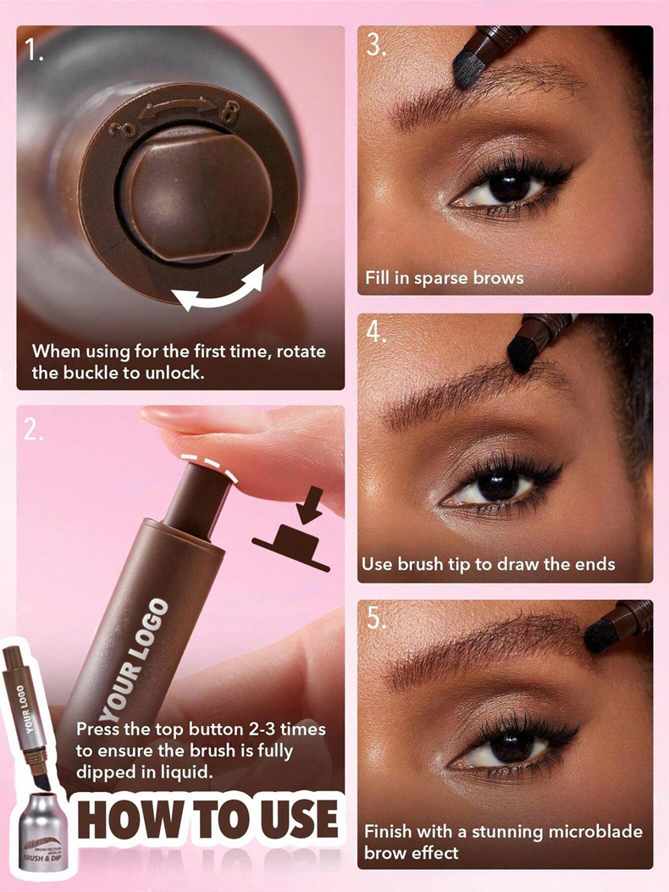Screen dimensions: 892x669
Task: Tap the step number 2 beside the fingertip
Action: click(33, 430)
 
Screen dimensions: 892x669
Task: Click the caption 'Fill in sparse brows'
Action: click(444, 278)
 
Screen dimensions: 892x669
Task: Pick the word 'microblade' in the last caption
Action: click(590, 832)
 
